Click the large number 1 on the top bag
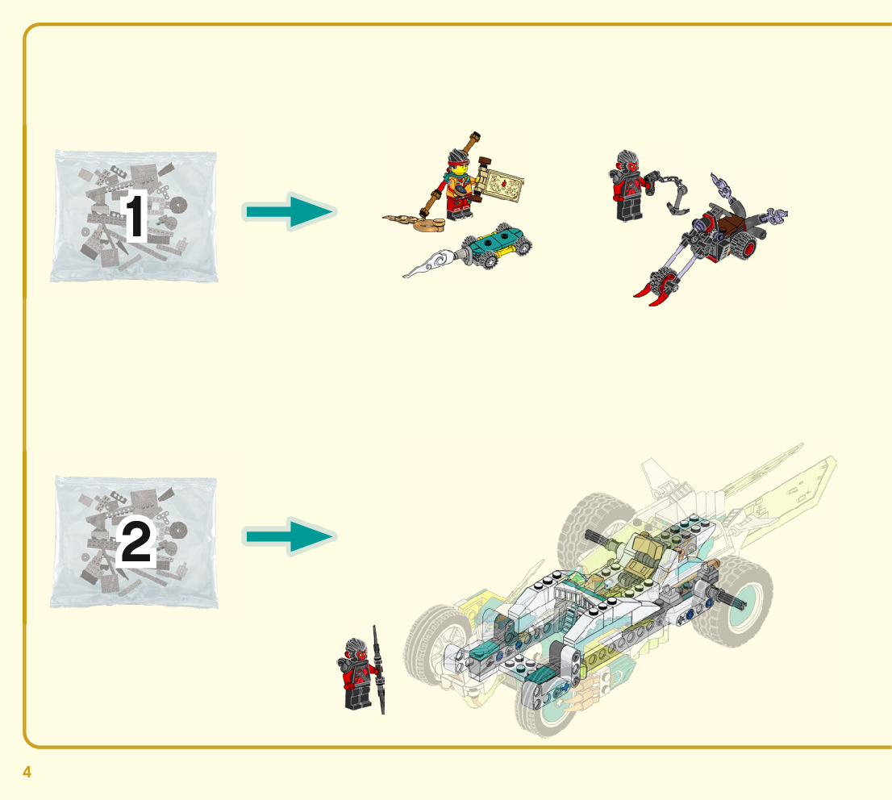tap(135, 217)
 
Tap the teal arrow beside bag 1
tap(289, 212)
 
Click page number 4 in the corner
tap(27, 772)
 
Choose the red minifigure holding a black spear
tap(357, 673)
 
